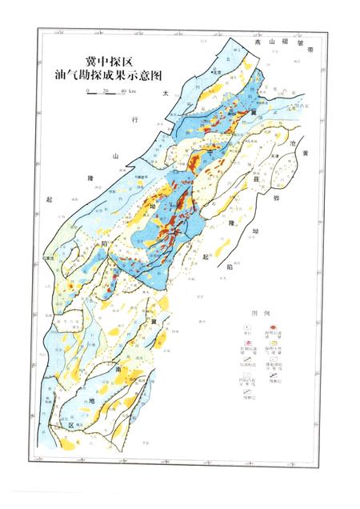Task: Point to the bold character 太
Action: [166, 94]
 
